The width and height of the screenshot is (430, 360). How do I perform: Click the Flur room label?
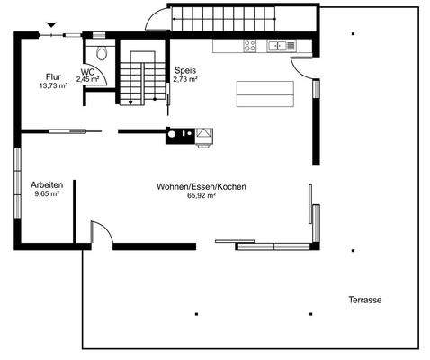tap(53, 77)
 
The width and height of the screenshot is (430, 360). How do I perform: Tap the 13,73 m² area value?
tap(53, 86)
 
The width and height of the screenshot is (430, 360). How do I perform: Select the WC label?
tap(87, 71)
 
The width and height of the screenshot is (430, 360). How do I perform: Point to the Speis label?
tap(185, 70)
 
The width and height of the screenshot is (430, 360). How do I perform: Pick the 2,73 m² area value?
tap(185, 79)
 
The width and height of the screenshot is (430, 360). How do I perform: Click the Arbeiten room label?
tap(47, 184)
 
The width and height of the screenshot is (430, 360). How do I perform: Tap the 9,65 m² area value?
tap(47, 193)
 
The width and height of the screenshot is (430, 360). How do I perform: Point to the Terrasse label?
tap(366, 300)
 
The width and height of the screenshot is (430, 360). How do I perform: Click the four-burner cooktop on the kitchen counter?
tap(249, 45)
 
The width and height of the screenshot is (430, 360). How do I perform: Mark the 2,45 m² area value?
tap(88, 79)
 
